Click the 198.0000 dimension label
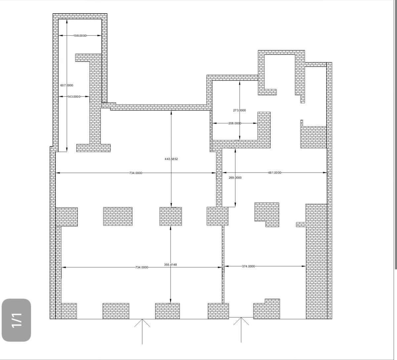[80, 36]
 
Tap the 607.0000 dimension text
[67, 85]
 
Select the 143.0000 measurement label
[74, 97]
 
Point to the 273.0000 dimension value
[240, 110]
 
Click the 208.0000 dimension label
[235, 123]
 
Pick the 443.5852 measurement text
[171, 159]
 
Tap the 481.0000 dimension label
[275, 173]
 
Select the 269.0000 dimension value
[235, 178]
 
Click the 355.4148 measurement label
[170, 265]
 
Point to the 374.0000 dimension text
[248, 266]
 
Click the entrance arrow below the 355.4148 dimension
[142, 334]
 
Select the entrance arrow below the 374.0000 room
[241, 332]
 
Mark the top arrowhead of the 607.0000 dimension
[67, 21]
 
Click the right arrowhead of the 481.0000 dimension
[325, 173]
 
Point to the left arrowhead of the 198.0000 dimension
[61, 36]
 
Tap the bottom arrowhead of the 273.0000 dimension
[240, 138]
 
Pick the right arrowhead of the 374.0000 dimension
[304, 266]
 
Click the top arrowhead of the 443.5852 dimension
[171, 112]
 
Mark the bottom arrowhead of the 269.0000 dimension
[235, 205]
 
